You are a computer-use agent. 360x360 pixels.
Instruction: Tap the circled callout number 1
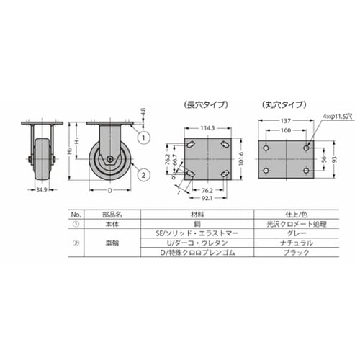[x=143, y=137]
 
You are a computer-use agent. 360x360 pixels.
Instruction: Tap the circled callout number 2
[x=143, y=174]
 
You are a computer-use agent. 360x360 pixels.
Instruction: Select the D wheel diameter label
[x=109, y=192]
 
